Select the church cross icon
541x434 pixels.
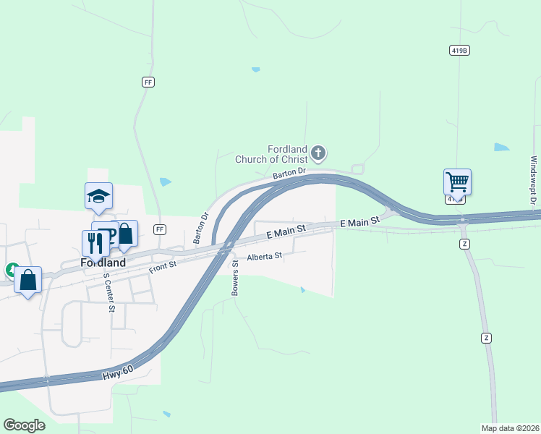pos(318,153)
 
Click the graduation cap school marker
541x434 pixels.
pos(99,195)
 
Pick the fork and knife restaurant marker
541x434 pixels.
pos(95,243)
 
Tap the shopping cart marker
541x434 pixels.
pos(457,181)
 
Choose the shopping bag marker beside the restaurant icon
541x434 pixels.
pos(125,234)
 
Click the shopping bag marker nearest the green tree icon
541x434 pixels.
pos(27,280)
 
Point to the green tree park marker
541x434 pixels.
pos(11,271)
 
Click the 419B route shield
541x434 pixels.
pos(458,51)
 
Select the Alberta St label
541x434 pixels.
pos(264,257)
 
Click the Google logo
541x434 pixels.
pos(24,425)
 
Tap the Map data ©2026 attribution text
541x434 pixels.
pos(509,428)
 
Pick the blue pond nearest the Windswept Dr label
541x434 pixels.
pos(501,148)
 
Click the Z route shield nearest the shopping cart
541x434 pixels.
pos(464,244)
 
